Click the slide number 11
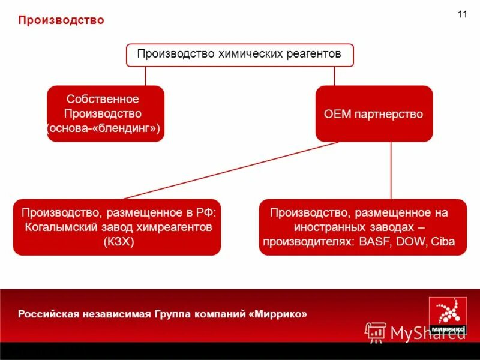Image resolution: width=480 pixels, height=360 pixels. [462, 14]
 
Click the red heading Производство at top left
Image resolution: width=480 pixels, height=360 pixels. [61, 20]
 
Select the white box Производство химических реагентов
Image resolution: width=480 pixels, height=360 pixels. [239, 55]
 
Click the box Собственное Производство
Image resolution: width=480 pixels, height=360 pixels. [106, 113]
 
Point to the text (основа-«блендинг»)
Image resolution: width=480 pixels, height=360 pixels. [103, 129]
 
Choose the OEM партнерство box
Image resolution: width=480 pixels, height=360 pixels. [374, 113]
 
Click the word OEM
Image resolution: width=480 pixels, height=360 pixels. [337, 114]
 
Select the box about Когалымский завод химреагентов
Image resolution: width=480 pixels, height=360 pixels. [118, 227]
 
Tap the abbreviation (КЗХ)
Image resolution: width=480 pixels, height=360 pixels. [118, 242]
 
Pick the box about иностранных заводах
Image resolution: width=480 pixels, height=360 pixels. [362, 227]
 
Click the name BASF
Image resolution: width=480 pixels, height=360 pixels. [372, 242]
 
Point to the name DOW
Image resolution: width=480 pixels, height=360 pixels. [410, 242]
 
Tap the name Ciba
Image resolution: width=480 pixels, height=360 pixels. [443, 242]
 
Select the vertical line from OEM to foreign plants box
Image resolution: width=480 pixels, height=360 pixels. [391, 170]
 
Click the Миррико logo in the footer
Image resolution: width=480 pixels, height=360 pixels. [448, 314]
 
